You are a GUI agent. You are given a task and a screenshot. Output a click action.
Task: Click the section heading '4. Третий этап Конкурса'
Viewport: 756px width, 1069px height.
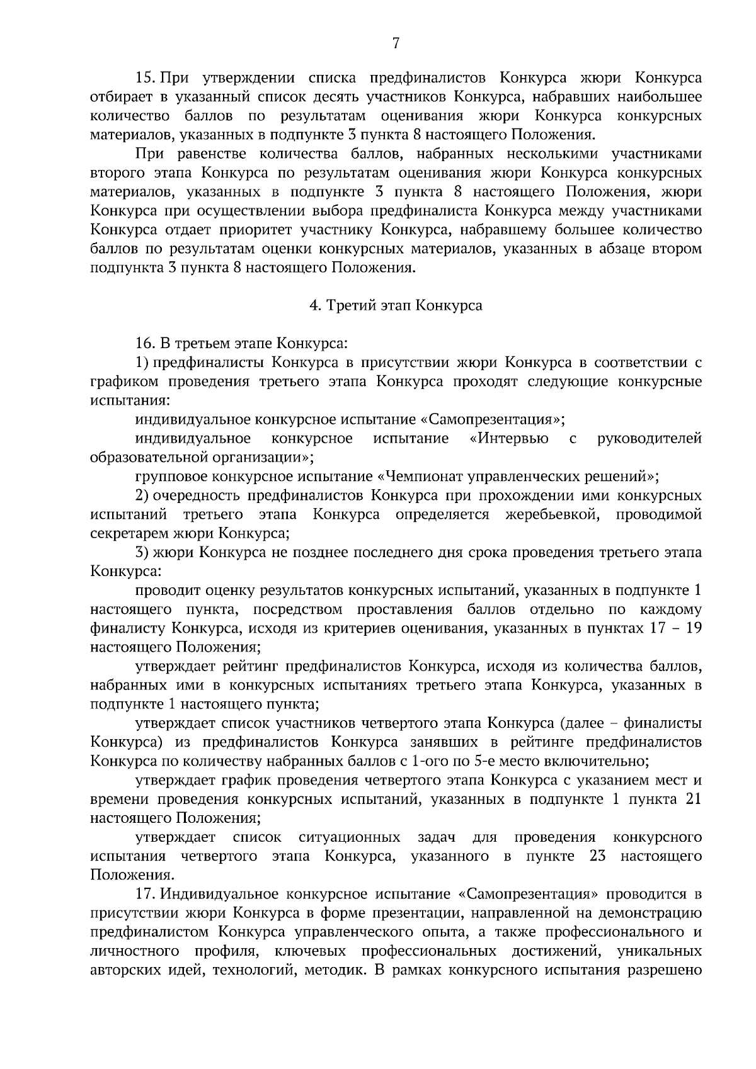pos(396,306)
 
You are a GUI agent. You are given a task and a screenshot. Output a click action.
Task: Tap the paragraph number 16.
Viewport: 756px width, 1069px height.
pos(144,344)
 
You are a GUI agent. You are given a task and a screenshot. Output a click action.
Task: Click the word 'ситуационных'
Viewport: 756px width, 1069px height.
pos(350,837)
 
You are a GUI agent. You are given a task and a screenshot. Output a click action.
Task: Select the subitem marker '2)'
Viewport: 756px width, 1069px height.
pos(142,495)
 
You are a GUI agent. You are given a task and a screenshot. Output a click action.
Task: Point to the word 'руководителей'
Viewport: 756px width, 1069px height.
pos(650,438)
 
